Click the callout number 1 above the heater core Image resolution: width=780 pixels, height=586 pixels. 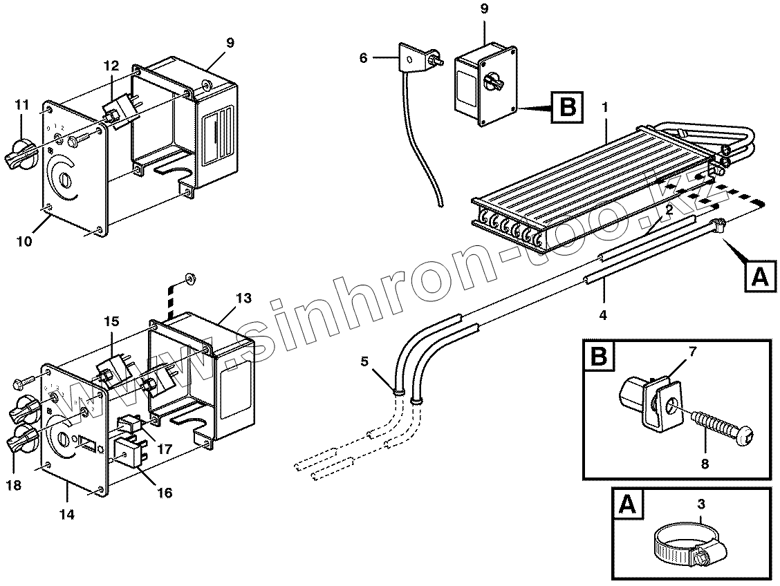point(605,108)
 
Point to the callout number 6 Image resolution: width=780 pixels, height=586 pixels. point(364,58)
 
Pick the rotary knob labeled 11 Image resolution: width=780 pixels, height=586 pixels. point(21,154)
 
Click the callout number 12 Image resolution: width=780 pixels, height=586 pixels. point(112,66)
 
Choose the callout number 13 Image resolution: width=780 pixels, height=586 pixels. point(243,298)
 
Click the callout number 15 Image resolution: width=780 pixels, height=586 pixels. point(112,321)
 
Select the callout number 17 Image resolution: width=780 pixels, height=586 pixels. point(164,448)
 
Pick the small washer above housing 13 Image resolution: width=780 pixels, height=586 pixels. point(189,278)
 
